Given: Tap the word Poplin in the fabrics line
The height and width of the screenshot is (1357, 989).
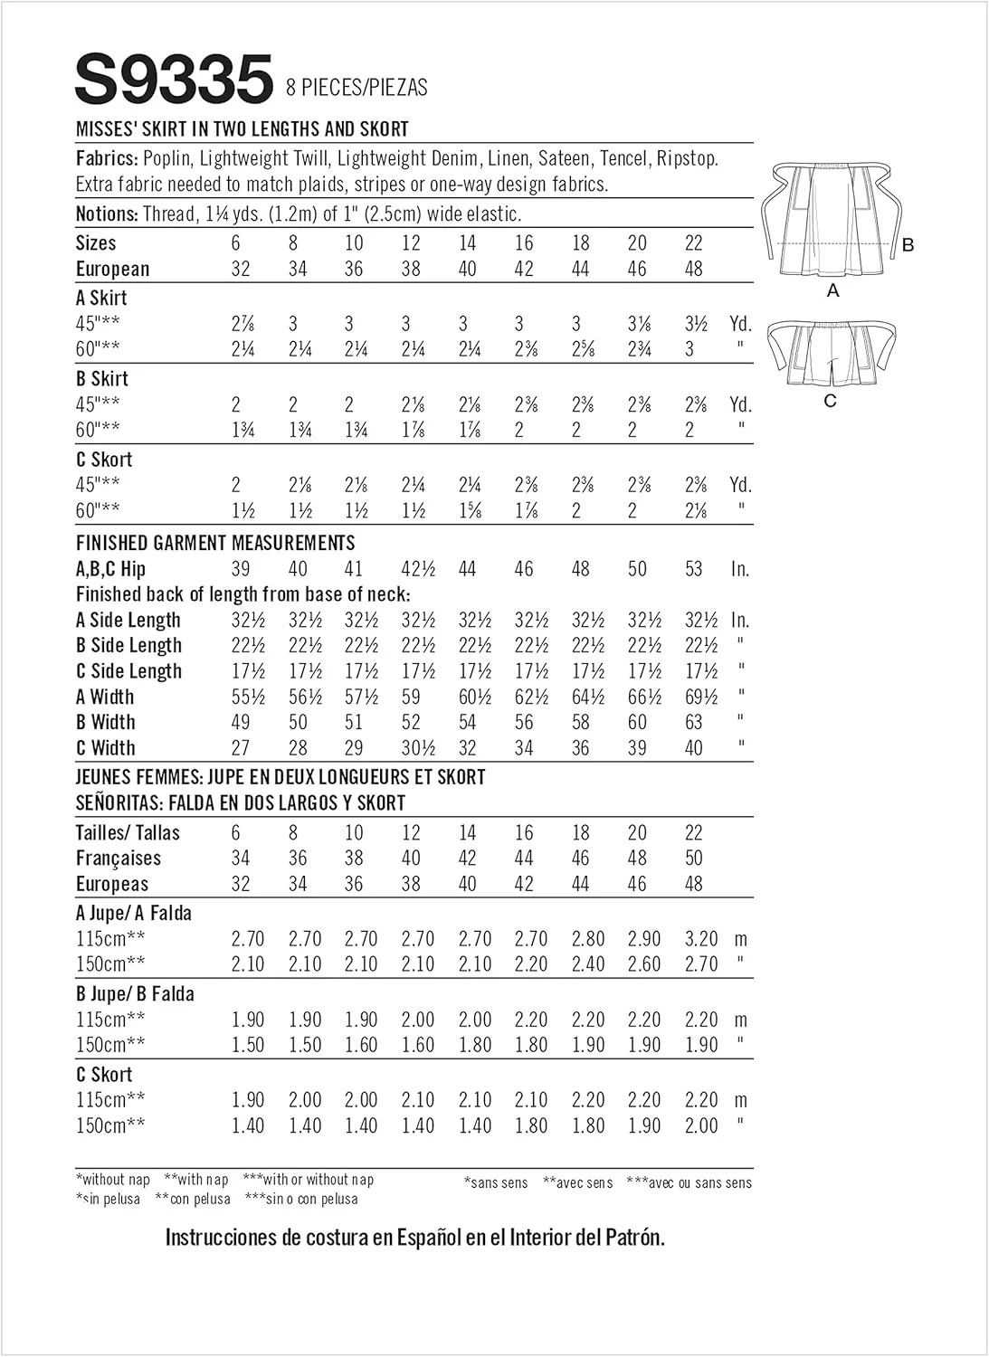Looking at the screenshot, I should pos(166,158).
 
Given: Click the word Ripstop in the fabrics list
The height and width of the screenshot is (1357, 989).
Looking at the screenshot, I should pos(687,158).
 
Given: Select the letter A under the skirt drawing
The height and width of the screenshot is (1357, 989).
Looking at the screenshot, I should pos(832,290).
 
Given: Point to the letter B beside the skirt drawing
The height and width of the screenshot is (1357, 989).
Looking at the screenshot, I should pos(908,245).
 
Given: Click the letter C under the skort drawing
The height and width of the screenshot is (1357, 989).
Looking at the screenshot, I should pos(830,401).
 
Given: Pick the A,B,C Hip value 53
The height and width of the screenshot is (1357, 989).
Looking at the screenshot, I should pos(693,569).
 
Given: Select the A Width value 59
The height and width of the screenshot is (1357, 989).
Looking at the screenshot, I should pos(411,697).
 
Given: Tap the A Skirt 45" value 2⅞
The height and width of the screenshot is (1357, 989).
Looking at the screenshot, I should pos(242,324).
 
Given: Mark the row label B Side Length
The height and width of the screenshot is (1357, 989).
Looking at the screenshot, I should pos(129,646).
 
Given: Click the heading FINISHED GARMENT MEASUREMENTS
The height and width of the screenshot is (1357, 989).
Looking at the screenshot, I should pos(215,543).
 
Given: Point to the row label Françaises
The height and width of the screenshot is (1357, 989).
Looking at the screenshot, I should pos(119,859).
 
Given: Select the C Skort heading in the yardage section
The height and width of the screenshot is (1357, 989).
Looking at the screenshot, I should pos(104,460).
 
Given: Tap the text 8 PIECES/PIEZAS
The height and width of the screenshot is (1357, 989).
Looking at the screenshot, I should pos(357,88).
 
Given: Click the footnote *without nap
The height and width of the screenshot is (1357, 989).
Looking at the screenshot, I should pos(113,1179).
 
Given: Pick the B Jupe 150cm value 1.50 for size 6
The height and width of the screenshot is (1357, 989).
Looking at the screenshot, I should pos(248,1045).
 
